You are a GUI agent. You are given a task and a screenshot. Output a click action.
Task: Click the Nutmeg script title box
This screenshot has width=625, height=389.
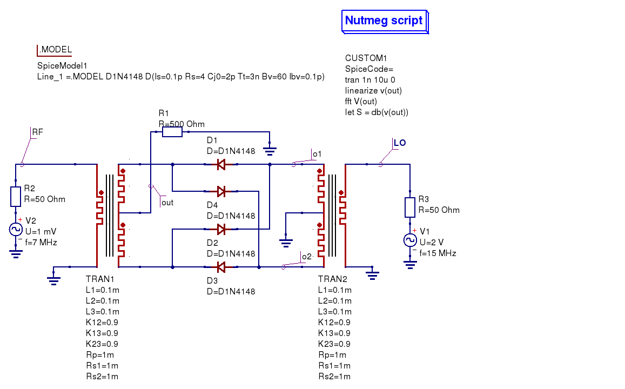[x=384, y=21]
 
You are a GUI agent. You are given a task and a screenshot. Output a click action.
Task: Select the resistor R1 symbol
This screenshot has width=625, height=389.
[x=172, y=132]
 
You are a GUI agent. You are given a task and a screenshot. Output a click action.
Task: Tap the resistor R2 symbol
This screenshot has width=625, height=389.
[x=16, y=196]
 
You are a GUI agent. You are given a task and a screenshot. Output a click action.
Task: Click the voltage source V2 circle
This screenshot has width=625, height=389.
[x=16, y=229]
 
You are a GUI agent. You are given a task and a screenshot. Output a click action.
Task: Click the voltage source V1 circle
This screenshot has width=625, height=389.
[x=410, y=240]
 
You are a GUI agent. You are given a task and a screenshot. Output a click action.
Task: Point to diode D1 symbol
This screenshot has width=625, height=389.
[x=220, y=164]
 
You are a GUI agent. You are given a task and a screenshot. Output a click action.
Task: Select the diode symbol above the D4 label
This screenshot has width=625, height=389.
[x=220, y=191]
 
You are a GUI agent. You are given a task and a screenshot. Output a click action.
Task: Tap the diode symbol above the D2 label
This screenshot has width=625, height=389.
[x=220, y=229]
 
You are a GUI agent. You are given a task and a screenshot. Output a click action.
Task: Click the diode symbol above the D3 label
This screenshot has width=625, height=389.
[x=220, y=267]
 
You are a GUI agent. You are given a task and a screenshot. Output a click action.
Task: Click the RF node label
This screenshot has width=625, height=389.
[x=38, y=132]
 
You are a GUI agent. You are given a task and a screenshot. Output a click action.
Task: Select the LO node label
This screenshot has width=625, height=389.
[x=400, y=143]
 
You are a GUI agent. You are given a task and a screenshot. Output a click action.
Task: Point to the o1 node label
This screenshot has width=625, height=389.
[x=317, y=154]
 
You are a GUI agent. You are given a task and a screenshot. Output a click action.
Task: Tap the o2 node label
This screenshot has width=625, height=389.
[x=307, y=257]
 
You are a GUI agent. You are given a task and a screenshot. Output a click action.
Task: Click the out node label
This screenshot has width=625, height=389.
[x=167, y=203]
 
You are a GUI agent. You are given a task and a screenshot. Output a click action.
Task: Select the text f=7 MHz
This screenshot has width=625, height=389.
[x=41, y=243]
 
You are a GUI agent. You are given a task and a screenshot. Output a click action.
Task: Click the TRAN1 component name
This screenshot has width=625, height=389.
[x=100, y=279]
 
